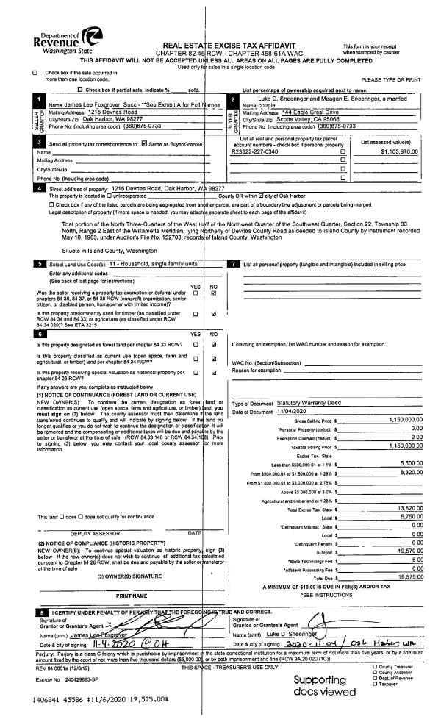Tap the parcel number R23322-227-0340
254,151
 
